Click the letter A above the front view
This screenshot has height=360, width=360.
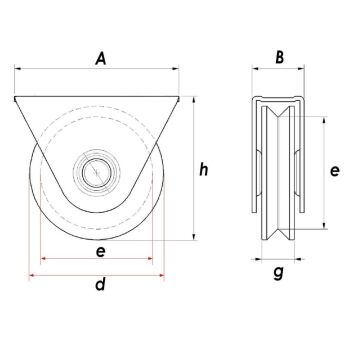[100, 59]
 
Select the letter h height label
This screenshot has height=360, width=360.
[204, 170]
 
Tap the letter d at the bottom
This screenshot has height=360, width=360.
[100, 286]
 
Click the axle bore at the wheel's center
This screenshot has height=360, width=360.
[98, 172]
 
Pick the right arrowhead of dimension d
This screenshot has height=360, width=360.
[163, 271]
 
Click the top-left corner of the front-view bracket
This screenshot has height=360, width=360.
[15, 97]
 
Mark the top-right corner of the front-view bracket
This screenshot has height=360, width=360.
[180, 97]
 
